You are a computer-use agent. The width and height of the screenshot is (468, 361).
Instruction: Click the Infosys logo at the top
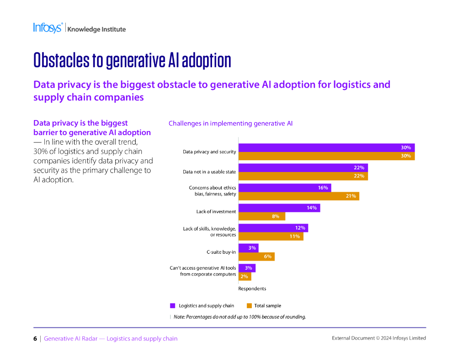tap(48, 28)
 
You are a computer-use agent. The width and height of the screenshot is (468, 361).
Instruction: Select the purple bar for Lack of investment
tap(279, 208)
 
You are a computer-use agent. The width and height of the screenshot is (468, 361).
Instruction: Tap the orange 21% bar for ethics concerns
tap(298, 196)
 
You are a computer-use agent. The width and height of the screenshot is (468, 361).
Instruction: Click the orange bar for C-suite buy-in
tap(256, 256)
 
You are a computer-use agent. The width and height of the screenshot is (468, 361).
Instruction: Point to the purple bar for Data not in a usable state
tap(303, 168)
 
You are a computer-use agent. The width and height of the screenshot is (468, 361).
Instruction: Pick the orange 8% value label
tap(276, 216)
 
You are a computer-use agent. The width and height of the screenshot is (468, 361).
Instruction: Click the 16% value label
tap(323, 188)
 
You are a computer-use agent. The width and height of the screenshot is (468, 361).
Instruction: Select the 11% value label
tap(294, 236)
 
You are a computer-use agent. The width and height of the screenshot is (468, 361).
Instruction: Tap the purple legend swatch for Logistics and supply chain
tap(173, 306)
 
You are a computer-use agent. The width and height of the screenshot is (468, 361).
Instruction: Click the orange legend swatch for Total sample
tap(249, 306)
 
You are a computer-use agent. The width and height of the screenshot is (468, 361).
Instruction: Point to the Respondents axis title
tap(252, 288)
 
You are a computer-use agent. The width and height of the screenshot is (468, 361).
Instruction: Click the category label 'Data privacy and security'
tap(209, 152)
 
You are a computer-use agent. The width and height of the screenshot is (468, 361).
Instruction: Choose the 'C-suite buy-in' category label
tap(221, 252)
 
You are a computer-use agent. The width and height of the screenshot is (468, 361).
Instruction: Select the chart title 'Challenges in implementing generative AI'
tap(230, 123)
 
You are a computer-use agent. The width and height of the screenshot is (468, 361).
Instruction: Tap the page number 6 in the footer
tap(35, 339)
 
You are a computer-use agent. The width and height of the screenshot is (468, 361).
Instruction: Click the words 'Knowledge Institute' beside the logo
tap(96, 29)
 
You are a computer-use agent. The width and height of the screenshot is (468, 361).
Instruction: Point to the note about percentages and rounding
tap(240, 317)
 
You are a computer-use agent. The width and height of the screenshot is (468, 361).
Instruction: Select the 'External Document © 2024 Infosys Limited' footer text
tap(378, 338)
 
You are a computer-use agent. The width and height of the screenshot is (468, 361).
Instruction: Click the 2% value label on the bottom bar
tap(244, 277)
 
